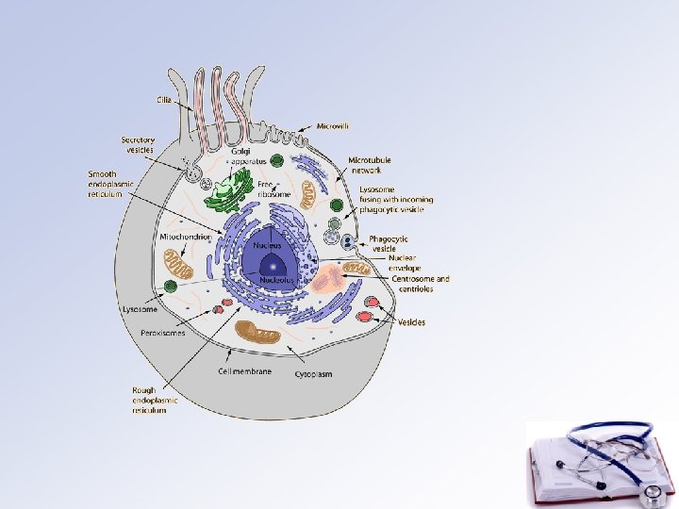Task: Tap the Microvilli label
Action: pyautogui.click(x=334, y=126)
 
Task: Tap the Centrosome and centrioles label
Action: pyautogui.click(x=421, y=284)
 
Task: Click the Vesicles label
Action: pyautogui.click(x=411, y=322)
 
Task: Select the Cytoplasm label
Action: pyautogui.click(x=312, y=374)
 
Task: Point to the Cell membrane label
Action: pyautogui.click(x=244, y=371)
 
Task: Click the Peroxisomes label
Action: pyautogui.click(x=163, y=333)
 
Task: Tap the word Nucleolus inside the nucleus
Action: pyautogui.click(x=277, y=280)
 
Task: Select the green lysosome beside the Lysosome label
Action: pyautogui.click(x=171, y=286)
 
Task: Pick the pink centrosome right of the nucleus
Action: pyautogui.click(x=329, y=277)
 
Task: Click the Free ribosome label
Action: pyautogui.click(x=273, y=188)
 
